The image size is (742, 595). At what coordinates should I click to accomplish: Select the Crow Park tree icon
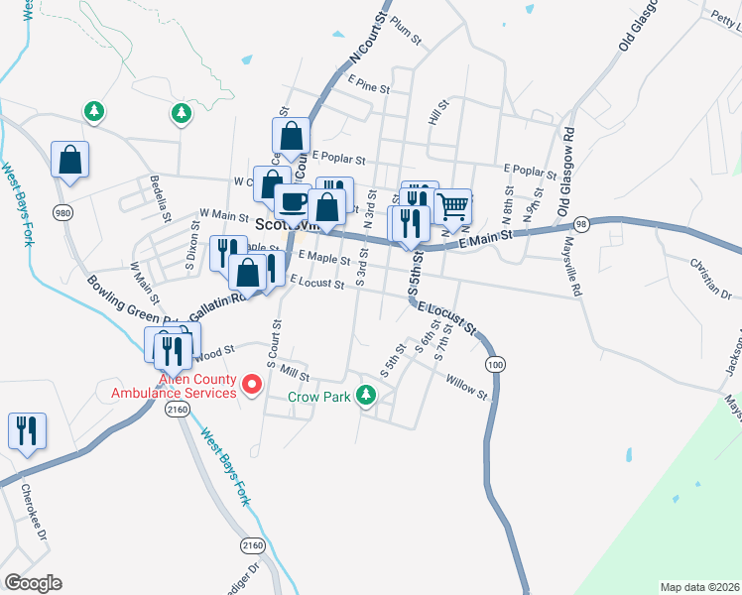click(367, 396)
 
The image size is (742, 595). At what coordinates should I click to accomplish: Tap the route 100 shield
click(493, 365)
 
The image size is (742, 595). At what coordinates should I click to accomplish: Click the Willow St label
click(466, 387)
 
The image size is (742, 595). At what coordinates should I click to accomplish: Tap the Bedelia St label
click(156, 197)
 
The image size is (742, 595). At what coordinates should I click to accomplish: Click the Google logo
click(33, 583)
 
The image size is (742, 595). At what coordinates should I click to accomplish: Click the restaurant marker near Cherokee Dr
click(27, 430)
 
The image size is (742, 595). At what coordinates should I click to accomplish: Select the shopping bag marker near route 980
click(70, 159)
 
